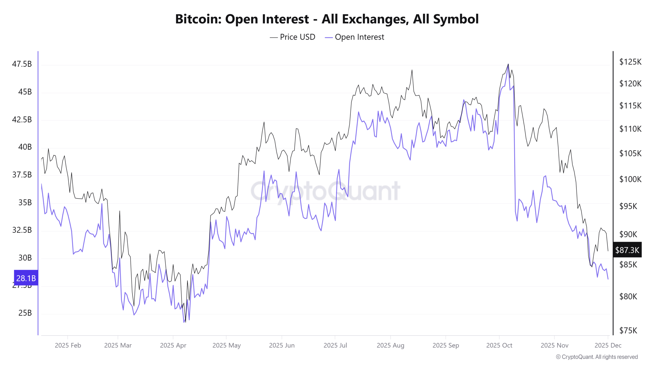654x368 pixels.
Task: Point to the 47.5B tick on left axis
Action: pos(22,64)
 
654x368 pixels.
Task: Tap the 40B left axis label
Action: pos(25,147)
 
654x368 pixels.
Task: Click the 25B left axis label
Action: pos(25,313)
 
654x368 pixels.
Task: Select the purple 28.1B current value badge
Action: pos(26,278)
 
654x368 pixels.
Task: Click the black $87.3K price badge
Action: pos(627,250)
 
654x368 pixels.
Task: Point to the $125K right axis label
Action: pos(630,62)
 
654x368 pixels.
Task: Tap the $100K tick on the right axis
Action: pos(630,179)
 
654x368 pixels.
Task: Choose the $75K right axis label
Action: pos(628,331)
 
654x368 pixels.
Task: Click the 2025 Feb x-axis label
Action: pos(68,346)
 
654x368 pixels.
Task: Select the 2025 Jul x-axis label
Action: pos(335,346)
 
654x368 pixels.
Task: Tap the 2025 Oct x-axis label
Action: pos(499,346)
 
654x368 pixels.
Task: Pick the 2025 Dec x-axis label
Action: pos(608,346)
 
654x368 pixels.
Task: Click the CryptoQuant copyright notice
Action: pos(597,357)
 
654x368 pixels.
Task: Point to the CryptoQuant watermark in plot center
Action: pos(325,191)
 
